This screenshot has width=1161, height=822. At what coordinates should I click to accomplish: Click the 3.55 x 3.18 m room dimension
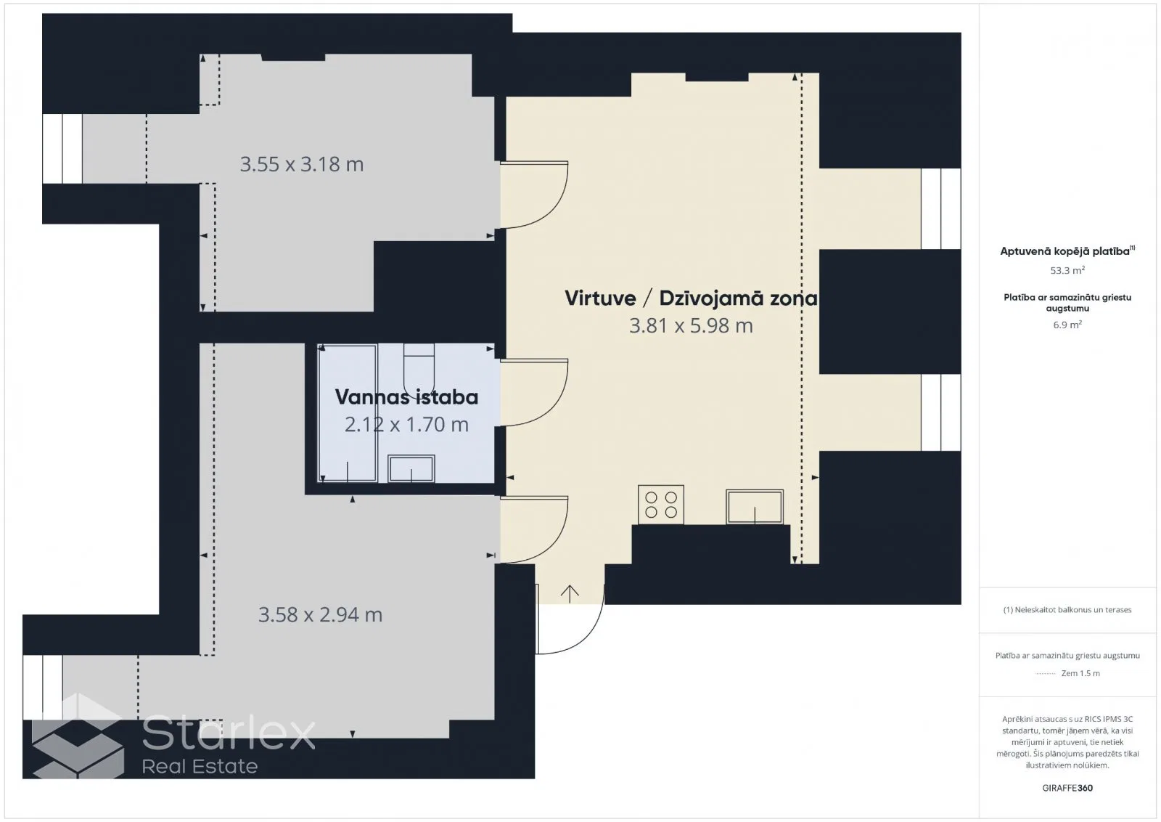(x=302, y=164)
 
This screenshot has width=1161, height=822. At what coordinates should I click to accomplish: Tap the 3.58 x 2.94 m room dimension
(x=320, y=614)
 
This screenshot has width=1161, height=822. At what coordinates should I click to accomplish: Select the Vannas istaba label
(x=406, y=397)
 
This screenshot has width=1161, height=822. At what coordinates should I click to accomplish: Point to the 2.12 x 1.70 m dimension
(x=406, y=425)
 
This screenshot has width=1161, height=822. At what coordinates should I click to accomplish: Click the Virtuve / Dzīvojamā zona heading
(x=691, y=298)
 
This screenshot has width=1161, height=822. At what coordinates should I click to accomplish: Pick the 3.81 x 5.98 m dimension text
(x=691, y=326)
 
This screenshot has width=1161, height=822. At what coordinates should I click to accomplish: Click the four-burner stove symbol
(x=661, y=505)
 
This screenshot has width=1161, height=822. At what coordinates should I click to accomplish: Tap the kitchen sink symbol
(x=754, y=507)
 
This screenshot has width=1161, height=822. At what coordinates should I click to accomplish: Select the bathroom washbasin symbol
(x=411, y=469)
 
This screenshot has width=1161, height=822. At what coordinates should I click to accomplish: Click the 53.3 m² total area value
(x=1067, y=270)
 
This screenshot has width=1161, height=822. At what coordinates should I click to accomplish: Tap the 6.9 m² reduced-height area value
(x=1067, y=325)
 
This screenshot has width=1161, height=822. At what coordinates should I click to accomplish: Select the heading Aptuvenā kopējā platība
(x=1067, y=251)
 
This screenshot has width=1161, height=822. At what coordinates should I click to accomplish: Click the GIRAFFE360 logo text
(x=1067, y=788)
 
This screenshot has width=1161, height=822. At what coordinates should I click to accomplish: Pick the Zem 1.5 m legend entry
(x=1080, y=673)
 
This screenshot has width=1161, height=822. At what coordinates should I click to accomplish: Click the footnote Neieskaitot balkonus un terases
(x=1067, y=610)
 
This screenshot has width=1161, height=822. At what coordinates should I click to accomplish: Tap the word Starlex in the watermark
(x=229, y=731)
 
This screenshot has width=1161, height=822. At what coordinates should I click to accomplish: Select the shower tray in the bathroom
(x=348, y=413)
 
